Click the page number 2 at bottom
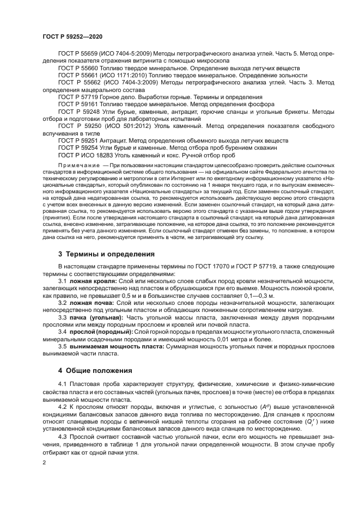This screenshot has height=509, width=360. pos(44,462)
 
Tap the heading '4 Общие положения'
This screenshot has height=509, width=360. pos(95,371)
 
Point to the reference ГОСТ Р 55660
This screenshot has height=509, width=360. pos(80,68)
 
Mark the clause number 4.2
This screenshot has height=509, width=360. pos(63,407)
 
